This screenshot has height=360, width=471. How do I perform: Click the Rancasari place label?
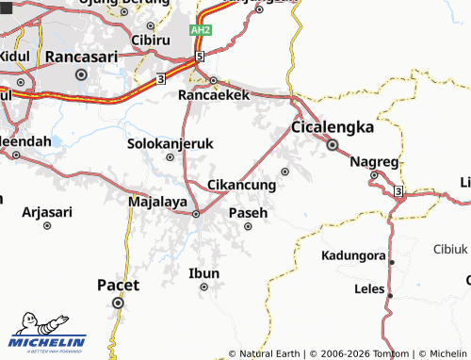(x=81, y=57)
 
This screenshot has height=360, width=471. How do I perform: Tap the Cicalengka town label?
(x=333, y=127)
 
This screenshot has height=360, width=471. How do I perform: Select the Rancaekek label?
(x=214, y=95)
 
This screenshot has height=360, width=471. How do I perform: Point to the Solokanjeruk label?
(x=171, y=143)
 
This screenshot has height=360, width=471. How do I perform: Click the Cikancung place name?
(x=241, y=185)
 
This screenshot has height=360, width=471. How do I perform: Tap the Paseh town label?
(x=249, y=213)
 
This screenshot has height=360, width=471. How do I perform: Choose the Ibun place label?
(x=204, y=273)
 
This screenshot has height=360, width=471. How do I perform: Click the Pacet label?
(x=119, y=284)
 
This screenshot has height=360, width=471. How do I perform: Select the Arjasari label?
(x=47, y=212)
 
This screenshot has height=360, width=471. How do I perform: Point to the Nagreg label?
(x=375, y=161)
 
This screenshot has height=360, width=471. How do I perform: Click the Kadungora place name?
(x=354, y=255)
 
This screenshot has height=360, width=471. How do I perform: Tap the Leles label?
(x=368, y=288)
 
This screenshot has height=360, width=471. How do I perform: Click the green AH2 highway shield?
(x=201, y=30)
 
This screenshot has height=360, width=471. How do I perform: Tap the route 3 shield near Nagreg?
(x=398, y=192)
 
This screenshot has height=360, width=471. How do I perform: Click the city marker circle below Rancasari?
(x=81, y=74)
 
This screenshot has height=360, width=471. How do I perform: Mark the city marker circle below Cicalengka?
(x=333, y=145)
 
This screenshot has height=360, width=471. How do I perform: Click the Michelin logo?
(x=47, y=330)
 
